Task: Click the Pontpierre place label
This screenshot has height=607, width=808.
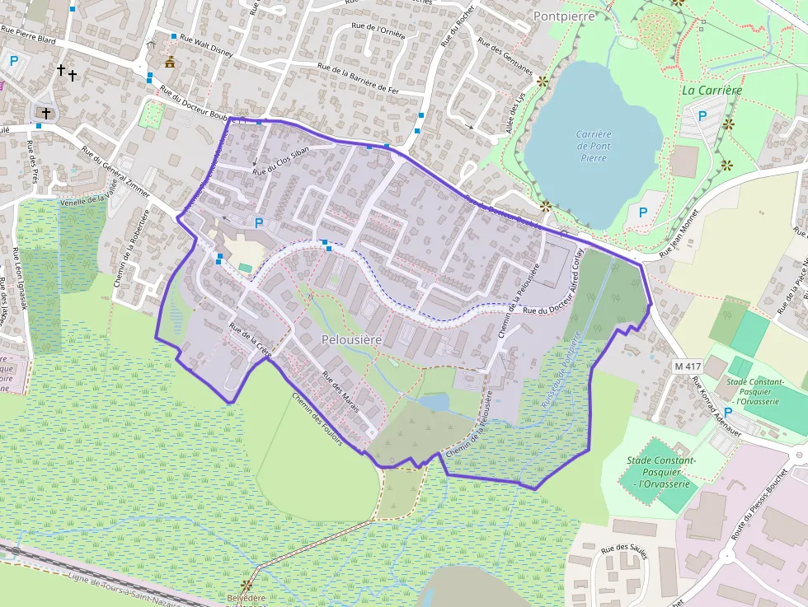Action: coord(563,16)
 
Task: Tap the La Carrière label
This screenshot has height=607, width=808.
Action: coord(712,91)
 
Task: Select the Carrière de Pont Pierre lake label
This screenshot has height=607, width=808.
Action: coord(593,146)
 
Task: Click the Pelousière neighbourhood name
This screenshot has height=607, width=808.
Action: coord(351,339)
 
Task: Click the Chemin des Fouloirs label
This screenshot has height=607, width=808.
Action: coord(317,418)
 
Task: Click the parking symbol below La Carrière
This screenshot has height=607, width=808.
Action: coord(702,116)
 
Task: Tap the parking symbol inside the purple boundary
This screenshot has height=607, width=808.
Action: coord(259,222)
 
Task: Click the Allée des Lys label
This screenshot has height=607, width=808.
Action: coord(515,114)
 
